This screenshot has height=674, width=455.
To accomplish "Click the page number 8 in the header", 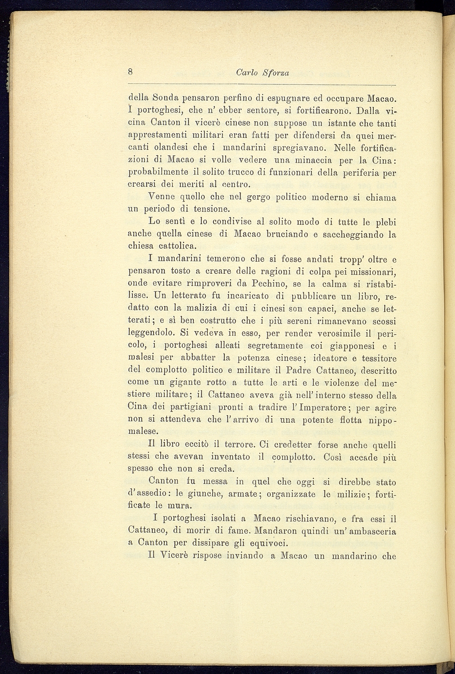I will [130, 71].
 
